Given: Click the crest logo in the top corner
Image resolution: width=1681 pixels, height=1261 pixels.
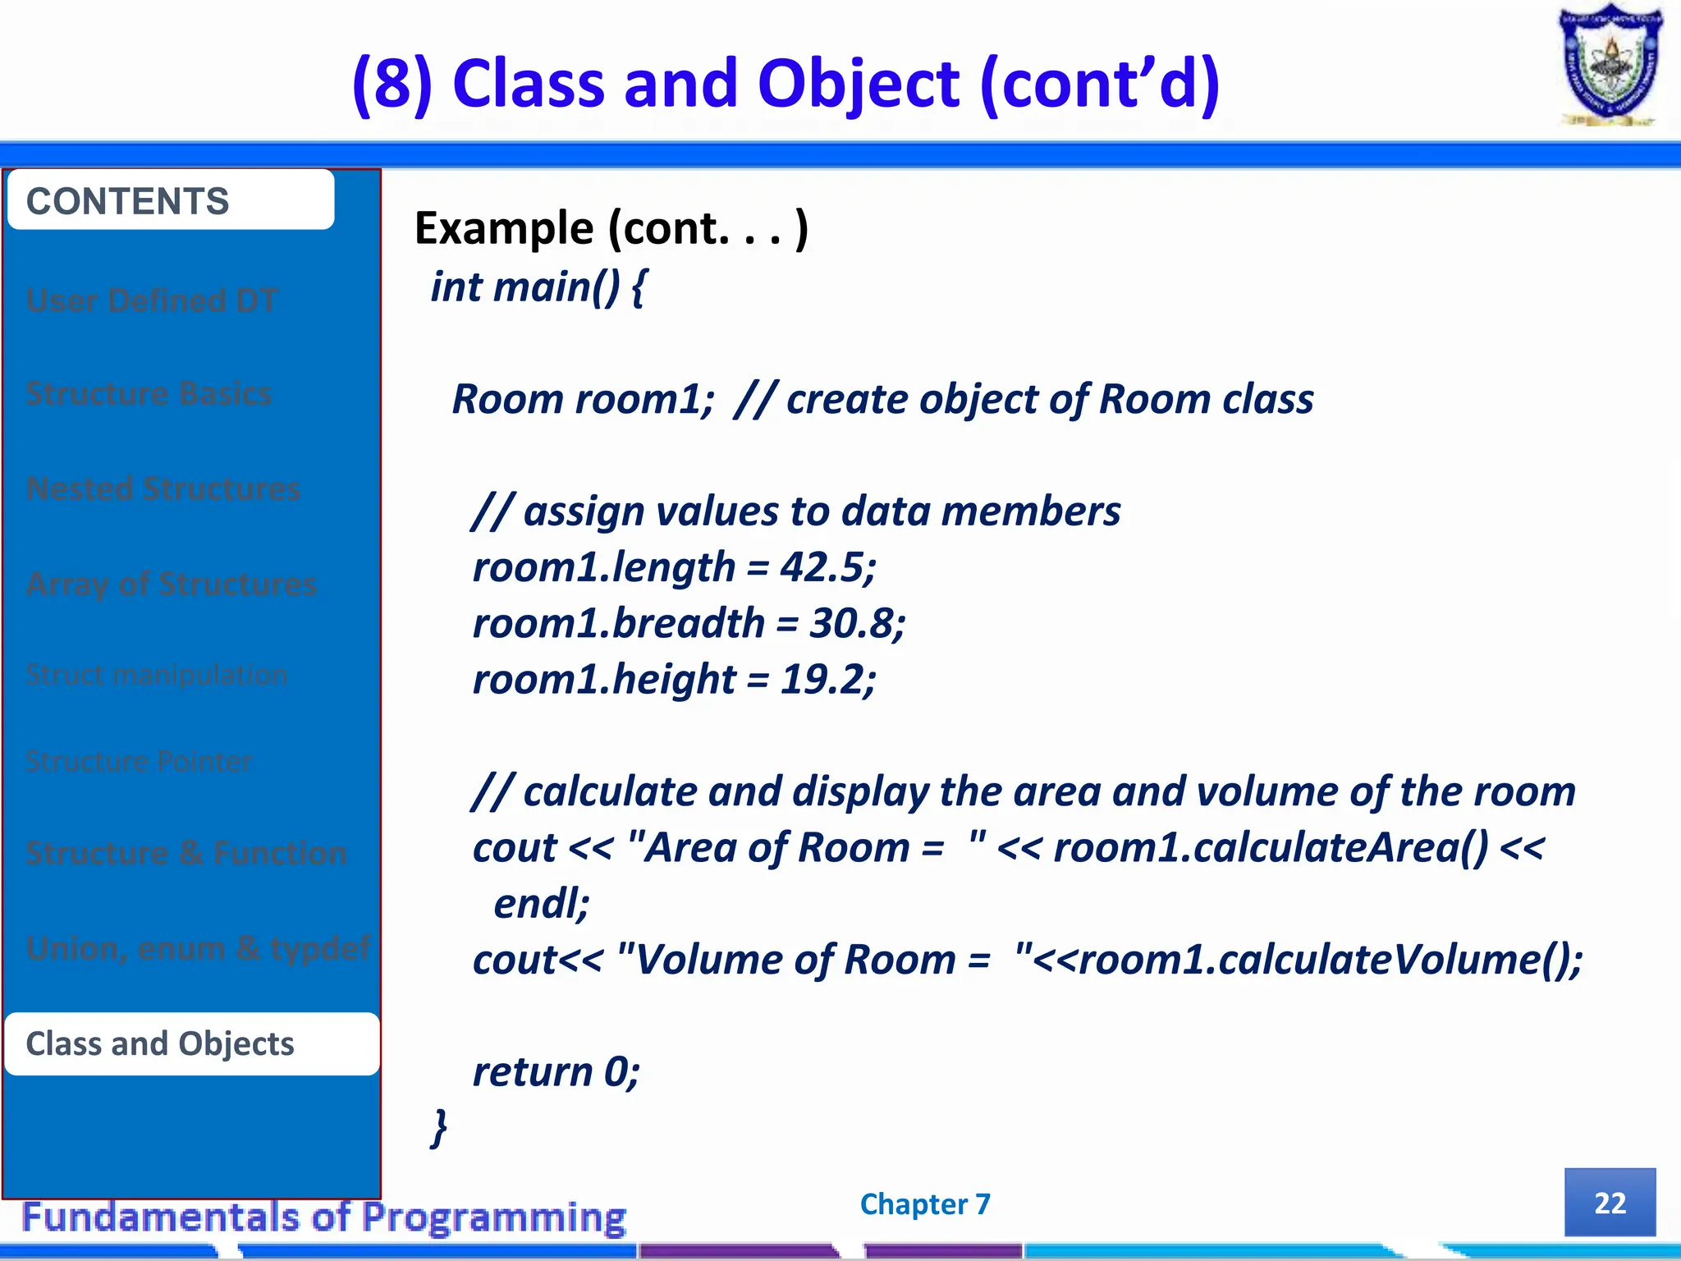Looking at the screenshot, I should [x=1610, y=66].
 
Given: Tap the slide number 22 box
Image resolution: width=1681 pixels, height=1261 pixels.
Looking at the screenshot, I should [x=1610, y=1202].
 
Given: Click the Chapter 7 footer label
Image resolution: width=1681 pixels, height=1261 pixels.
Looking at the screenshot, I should [x=925, y=1204].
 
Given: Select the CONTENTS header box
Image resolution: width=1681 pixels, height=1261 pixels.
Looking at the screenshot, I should [x=171, y=200].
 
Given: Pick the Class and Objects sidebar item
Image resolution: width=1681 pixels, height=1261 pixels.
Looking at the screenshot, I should [x=192, y=1043].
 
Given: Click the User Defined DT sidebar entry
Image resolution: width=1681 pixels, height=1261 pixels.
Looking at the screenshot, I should [x=152, y=300].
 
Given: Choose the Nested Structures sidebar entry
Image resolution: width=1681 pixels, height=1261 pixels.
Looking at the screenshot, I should [x=163, y=488].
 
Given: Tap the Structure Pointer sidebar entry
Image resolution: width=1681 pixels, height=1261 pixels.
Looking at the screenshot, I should [x=139, y=761].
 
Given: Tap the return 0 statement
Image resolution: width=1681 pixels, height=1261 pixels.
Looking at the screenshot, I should [x=556, y=1071].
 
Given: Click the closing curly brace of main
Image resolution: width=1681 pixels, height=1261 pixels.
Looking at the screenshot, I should [x=440, y=1126].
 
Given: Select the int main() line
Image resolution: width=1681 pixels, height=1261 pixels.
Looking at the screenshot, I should [x=538, y=287].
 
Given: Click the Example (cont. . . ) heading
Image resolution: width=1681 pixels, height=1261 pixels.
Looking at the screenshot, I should [x=611, y=227].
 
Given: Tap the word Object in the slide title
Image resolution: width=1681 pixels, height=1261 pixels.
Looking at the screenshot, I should [x=858, y=84].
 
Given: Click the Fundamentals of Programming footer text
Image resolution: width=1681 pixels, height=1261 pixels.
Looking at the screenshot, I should [x=324, y=1217].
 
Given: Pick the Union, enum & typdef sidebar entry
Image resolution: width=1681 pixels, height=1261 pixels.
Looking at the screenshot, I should [x=197, y=948].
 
